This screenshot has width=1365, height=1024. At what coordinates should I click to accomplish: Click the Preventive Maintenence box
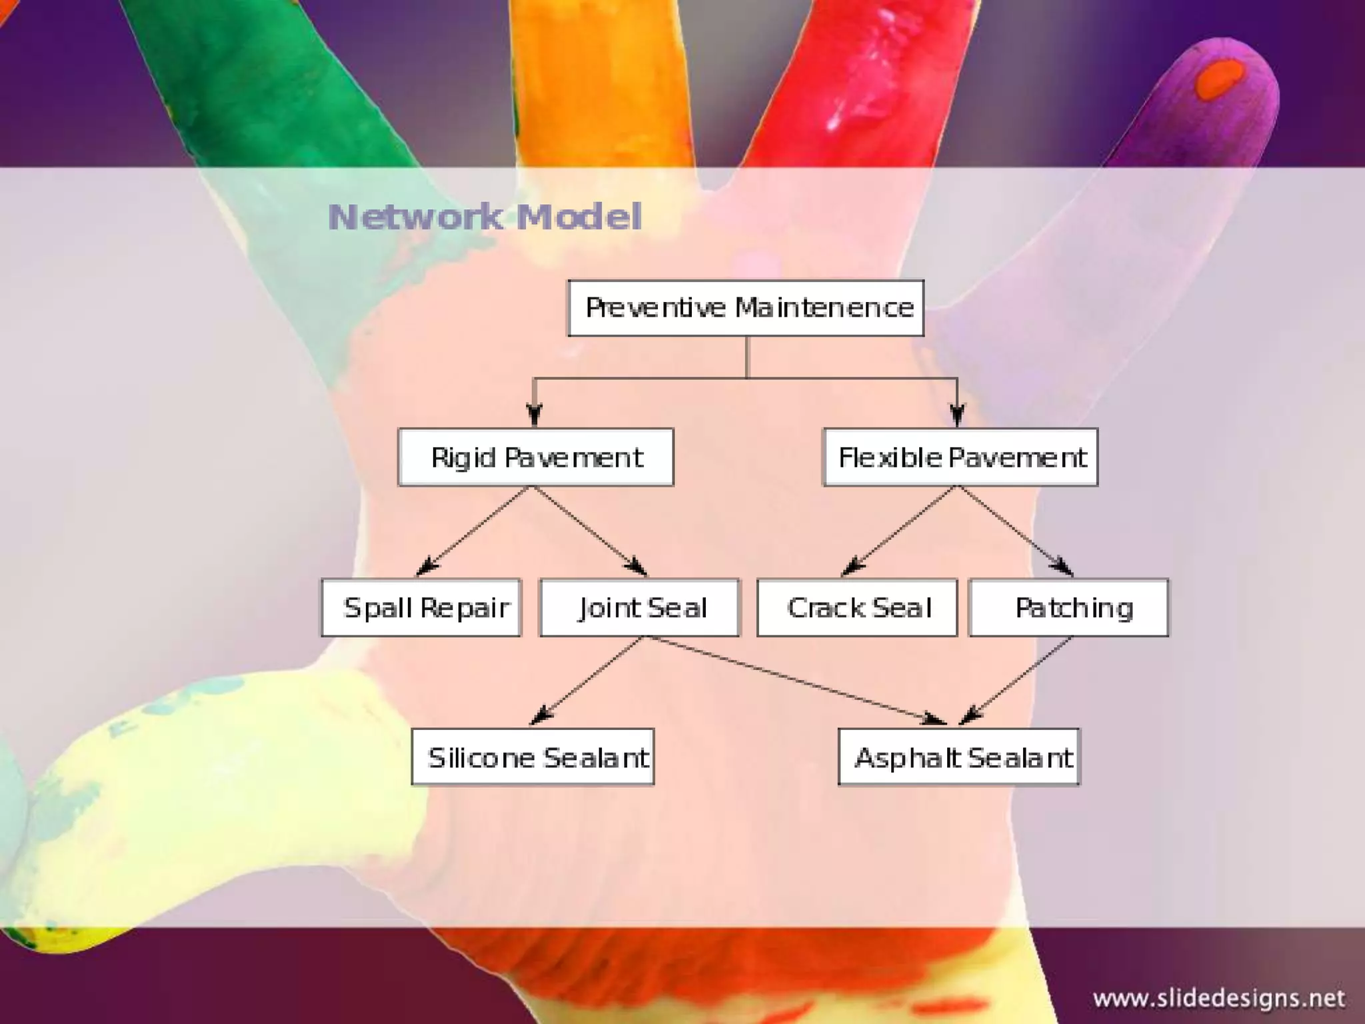pos(746,308)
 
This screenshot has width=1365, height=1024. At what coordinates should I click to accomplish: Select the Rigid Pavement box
pos(536,457)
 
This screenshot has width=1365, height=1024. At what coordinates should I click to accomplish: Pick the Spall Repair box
pos(421,607)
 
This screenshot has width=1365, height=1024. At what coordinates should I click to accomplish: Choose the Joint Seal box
pos(639,607)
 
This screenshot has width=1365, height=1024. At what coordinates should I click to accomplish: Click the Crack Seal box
pos(857,607)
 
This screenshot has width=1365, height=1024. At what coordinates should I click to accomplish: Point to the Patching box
pos(1068,607)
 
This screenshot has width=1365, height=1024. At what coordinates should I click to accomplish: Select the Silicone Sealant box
pos(533,757)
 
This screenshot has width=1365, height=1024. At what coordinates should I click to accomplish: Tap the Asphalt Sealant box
pos(959,757)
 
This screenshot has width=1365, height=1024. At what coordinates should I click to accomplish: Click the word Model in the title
pos(579,217)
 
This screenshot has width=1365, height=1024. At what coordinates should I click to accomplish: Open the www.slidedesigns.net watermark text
pos(1218,999)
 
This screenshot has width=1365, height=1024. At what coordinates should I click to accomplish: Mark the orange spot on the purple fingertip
pos(1220,79)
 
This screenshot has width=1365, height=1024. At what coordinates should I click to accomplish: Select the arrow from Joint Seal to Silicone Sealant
pos(587,680)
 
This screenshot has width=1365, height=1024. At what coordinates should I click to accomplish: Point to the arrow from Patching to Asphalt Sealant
pos(1016,680)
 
